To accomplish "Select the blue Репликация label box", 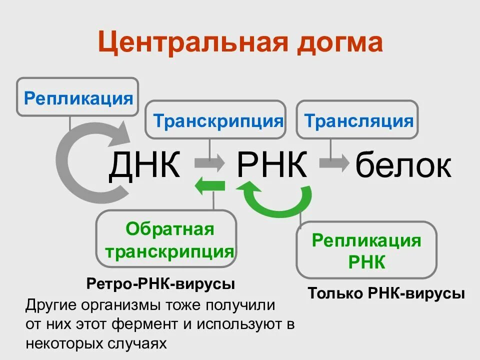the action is (78, 97).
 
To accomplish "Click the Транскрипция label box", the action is (216, 120).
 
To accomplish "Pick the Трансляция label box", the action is (357, 120).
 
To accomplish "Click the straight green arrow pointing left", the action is (209, 187).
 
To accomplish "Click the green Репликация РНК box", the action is (366, 250).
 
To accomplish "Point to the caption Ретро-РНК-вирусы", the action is (160, 284).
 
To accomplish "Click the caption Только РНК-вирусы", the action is (386, 293).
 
